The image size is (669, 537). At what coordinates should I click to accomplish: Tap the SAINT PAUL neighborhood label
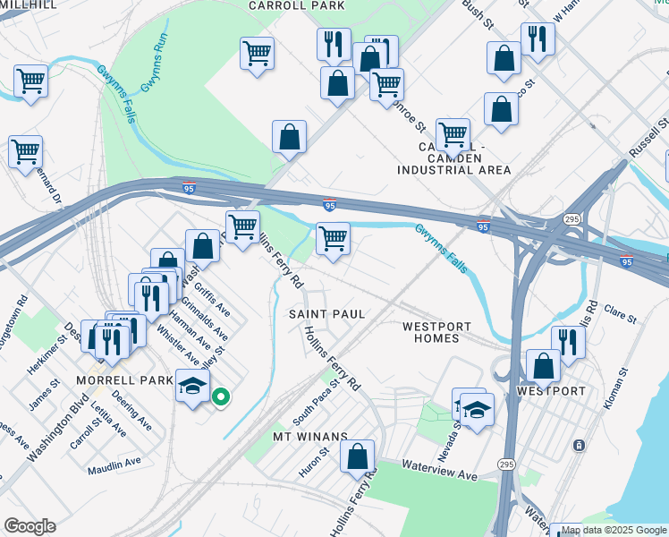[x=326, y=314]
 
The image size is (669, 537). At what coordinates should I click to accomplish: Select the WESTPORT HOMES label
[x=430, y=332]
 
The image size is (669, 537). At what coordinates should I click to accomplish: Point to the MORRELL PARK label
[x=123, y=380]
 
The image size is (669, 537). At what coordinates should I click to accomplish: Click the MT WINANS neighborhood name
[x=309, y=436]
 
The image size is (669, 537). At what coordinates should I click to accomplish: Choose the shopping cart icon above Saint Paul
[x=333, y=239]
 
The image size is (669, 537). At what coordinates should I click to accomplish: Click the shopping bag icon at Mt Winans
[x=357, y=457]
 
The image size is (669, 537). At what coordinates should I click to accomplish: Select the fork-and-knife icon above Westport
[x=568, y=341]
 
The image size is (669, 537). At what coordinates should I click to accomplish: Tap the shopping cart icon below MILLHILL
[x=30, y=81]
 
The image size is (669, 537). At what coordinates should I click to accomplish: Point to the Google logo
[x=30, y=526]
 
